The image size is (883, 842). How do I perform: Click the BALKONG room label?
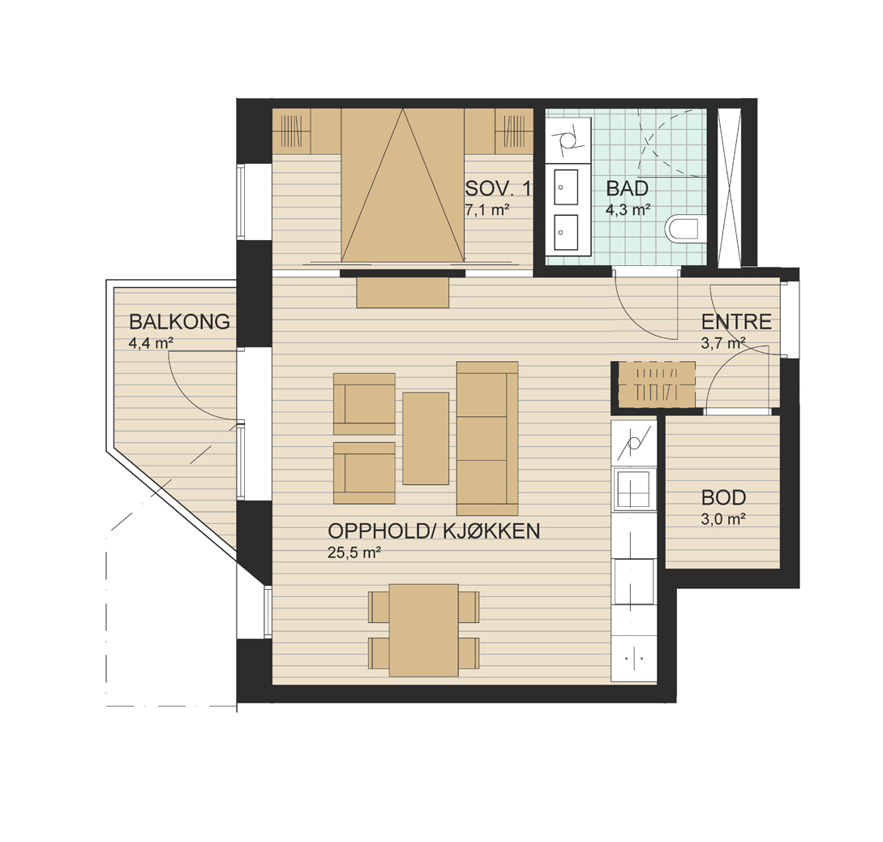179,321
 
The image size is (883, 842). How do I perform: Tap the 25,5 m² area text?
354,552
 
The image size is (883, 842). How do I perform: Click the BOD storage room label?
723,497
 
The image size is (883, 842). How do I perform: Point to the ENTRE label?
736,321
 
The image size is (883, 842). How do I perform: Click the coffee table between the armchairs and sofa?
426,438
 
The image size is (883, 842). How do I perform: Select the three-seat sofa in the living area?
487,438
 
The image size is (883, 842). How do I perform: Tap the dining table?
423,629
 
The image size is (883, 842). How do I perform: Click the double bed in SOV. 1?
403,186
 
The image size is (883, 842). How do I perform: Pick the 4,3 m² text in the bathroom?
628,210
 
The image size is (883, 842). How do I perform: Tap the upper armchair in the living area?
364,404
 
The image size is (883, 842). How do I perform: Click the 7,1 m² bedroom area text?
487,210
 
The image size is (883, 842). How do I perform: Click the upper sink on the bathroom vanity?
566,187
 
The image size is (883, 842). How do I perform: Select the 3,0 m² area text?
723,518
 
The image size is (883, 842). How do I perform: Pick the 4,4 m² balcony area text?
151,343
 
